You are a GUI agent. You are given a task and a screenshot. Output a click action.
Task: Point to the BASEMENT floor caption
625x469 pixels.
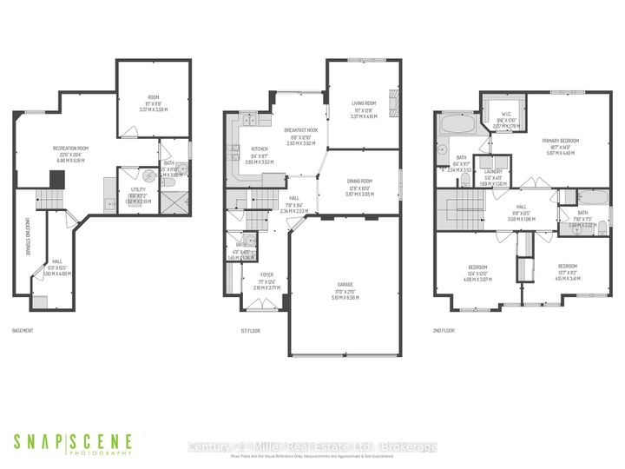coord(23,331)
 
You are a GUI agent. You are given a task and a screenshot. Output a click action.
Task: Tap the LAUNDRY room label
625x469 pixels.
coord(492,172)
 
